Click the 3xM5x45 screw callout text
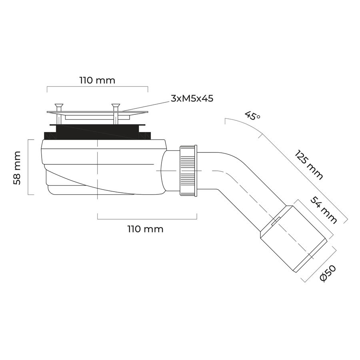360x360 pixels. [192, 98]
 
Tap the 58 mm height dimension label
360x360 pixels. [17, 168]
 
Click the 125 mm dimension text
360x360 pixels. [309, 165]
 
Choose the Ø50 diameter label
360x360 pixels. [328, 273]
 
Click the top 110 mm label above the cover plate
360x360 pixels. [97, 80]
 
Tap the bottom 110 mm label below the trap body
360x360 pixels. [146, 229]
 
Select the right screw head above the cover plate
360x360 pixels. [116, 106]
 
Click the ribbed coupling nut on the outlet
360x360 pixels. [188, 170]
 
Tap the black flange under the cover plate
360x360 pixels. [98, 132]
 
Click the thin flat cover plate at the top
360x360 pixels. [98, 112]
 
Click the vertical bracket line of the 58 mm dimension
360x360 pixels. [28, 167]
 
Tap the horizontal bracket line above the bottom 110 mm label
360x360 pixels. [147, 219]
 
